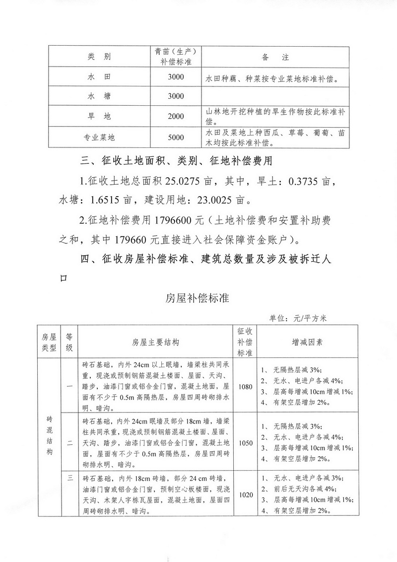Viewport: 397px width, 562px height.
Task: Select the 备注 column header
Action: pyautogui.click(x=274, y=57)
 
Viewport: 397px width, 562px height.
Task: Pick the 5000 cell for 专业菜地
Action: pyautogui.click(x=176, y=138)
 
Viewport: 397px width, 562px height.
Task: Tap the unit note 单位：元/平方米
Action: pyautogui.click(x=296, y=318)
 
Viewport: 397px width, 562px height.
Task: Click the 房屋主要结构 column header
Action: pyautogui.click(x=155, y=342)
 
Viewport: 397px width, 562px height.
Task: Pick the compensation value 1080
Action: pyautogui.click(x=246, y=386)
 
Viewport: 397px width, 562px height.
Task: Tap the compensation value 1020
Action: pyautogui.click(x=246, y=494)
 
